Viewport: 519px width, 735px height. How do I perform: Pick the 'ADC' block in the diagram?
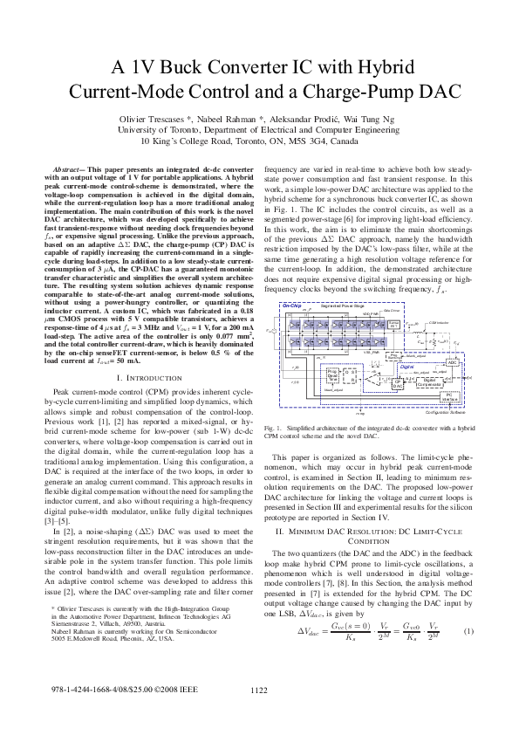pyautogui.click(x=452, y=362)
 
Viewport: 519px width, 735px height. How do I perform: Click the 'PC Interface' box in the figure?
pyautogui.click(x=451, y=395)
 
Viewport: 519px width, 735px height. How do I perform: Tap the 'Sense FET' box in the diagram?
pyautogui.click(x=393, y=324)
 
